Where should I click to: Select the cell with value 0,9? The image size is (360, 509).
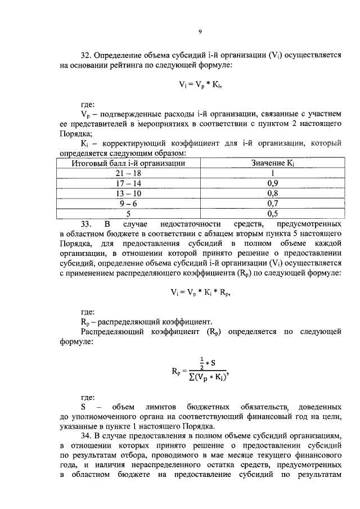coord(273,183)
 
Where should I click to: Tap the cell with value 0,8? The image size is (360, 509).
coord(273,193)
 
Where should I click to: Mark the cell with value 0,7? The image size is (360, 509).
coord(273,204)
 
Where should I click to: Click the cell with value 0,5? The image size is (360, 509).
coord(273,214)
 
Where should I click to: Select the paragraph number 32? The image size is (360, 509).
coord(86,56)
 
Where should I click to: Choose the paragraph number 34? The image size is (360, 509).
coord(86,436)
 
